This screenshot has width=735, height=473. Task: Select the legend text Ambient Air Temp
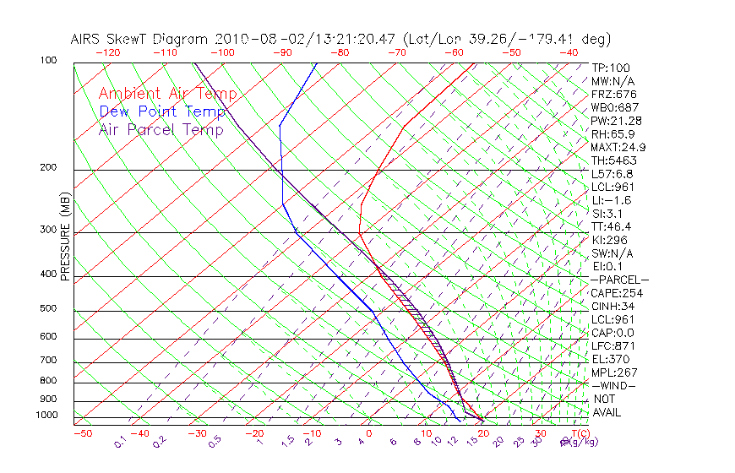pos(167,94)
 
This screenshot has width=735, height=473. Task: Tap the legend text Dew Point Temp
pos(162,111)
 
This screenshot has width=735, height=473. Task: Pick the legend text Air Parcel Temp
pos(161,129)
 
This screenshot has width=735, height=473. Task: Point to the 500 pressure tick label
pos(49,308)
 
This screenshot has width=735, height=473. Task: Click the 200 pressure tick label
pos(49,168)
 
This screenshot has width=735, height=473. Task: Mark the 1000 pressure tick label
pos(46,415)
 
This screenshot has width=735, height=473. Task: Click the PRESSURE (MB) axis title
pos(65,236)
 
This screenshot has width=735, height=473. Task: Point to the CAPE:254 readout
pos(617,293)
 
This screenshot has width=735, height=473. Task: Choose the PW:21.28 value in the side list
pos(616,121)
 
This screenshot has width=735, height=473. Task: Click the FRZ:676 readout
pos(613,95)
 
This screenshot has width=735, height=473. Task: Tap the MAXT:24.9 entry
pos(618,147)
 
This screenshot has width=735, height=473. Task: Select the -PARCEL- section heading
pos(619,280)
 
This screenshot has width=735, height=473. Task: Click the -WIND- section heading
pos(613,385)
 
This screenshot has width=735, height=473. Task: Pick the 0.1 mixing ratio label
pos(120,441)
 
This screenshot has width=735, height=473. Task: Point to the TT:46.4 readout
pos(612,226)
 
